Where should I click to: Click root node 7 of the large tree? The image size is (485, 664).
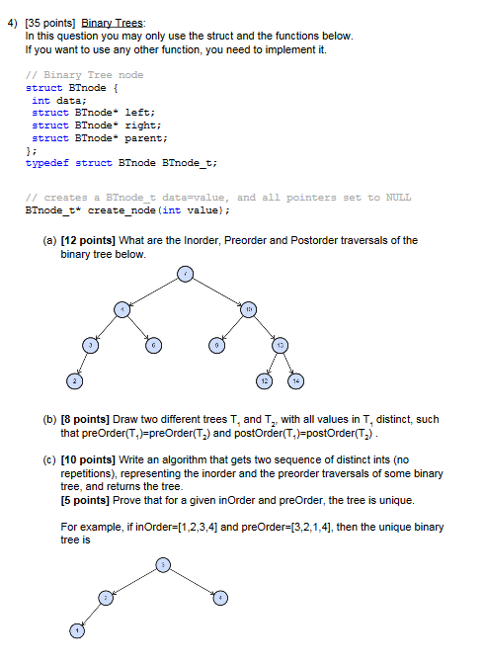184,274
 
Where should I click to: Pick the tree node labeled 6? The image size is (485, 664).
153,345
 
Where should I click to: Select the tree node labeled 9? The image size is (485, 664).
215,345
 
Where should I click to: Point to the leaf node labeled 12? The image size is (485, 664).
264,380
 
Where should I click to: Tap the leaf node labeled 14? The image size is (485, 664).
294,380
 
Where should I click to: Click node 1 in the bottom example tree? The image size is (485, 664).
74,630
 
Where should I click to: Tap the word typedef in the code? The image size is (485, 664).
46,164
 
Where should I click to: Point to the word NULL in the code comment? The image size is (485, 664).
398,197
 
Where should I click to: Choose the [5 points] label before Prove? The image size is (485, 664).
87,500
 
